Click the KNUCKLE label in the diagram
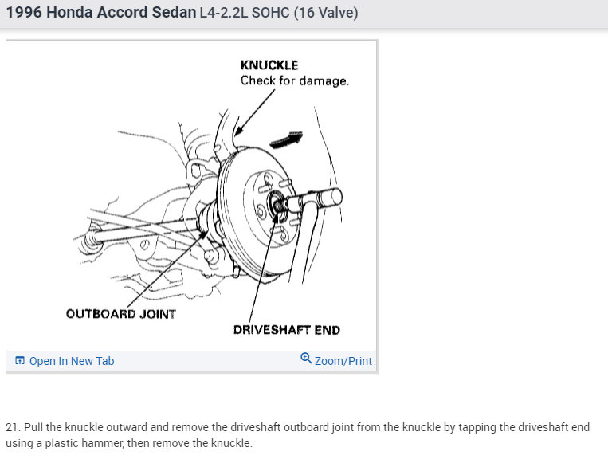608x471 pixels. (x=269, y=65)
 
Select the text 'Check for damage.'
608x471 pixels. (x=295, y=80)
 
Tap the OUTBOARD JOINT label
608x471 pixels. (x=120, y=313)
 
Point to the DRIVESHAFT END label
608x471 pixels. (x=286, y=330)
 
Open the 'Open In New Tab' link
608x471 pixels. (x=71, y=361)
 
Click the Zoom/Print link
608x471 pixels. (x=343, y=361)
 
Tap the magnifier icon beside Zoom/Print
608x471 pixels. (x=306, y=359)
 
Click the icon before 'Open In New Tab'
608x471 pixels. (x=20, y=361)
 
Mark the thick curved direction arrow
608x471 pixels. (x=288, y=139)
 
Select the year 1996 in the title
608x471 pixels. (x=23, y=13)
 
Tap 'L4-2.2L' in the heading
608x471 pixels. (x=226, y=13)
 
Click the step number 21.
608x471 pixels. (x=12, y=427)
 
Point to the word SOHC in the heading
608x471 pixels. (x=272, y=13)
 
